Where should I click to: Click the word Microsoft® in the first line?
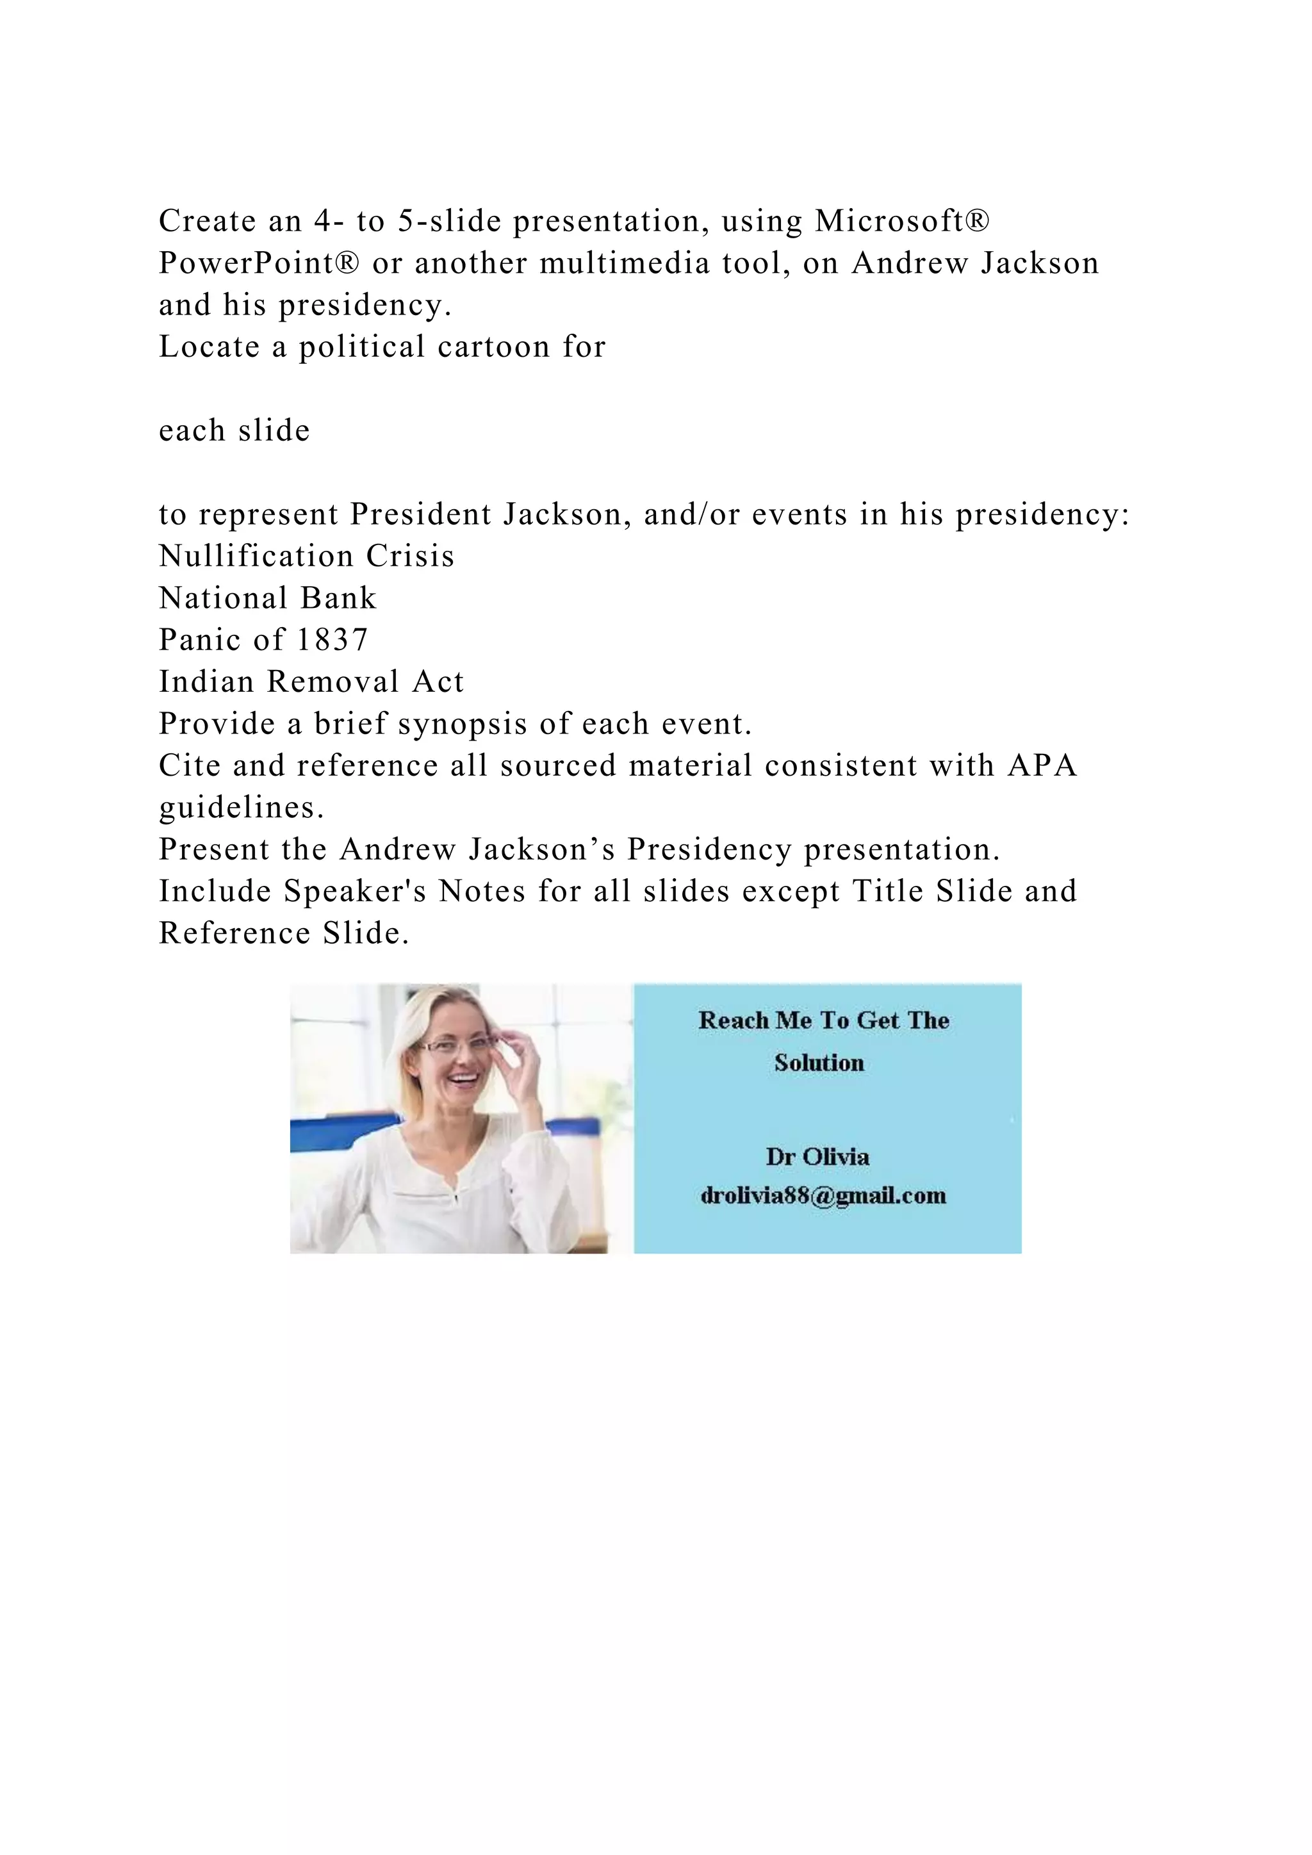tap(901, 220)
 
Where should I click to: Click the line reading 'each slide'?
tap(234, 430)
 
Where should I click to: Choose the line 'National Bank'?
tap(267, 598)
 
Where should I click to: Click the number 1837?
tap(333, 640)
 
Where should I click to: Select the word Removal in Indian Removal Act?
tap(333, 682)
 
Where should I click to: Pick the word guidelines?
tap(241, 807)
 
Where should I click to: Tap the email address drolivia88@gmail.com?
tap(823, 1196)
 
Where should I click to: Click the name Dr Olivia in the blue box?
tap(817, 1157)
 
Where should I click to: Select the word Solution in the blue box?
tap(819, 1063)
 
